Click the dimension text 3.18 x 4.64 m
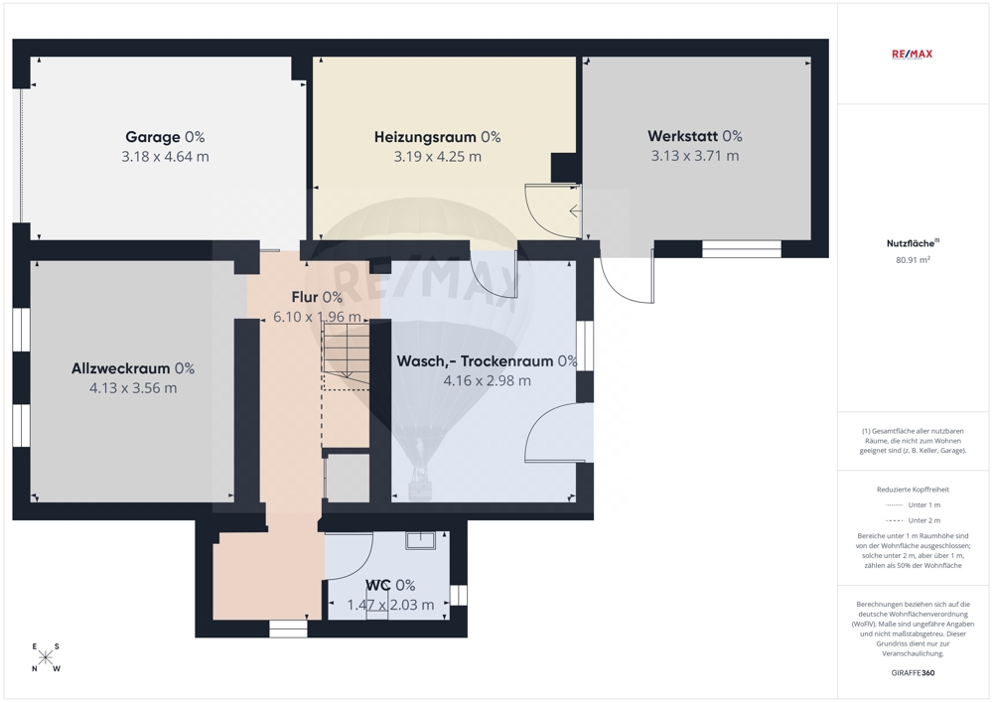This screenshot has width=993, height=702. (x=165, y=156)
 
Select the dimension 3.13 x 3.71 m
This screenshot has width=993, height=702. (x=695, y=156)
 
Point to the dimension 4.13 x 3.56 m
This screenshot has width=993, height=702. (x=133, y=388)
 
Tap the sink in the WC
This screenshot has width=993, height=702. (x=420, y=540)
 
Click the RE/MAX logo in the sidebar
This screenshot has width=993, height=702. (x=912, y=55)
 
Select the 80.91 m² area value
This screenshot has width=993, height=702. (x=913, y=259)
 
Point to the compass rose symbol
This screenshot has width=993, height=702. (x=45, y=657)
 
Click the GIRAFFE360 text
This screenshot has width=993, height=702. (x=913, y=673)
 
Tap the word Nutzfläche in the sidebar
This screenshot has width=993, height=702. (x=910, y=243)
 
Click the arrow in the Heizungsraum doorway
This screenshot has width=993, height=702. (x=575, y=211)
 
